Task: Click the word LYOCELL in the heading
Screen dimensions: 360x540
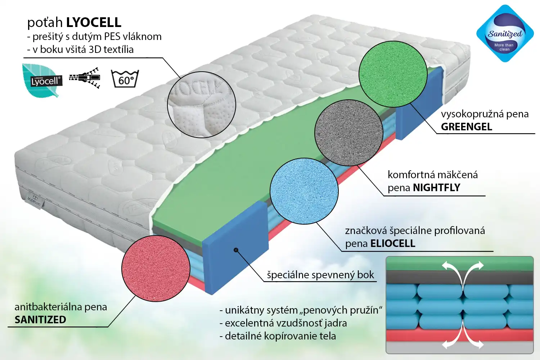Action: (x=94, y=22)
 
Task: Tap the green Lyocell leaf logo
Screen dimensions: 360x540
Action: (x=42, y=80)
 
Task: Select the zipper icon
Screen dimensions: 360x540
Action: (x=85, y=77)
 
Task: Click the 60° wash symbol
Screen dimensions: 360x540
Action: (x=125, y=78)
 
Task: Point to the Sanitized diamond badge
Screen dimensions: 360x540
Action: (x=505, y=33)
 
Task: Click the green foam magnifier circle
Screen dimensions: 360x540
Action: (x=393, y=74)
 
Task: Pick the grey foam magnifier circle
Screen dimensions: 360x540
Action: (x=348, y=133)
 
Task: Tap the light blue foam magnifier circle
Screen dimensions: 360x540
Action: (x=304, y=191)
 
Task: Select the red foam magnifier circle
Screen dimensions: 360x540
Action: (x=156, y=269)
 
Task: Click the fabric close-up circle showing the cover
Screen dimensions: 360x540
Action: (x=201, y=104)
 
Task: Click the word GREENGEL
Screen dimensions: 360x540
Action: (x=466, y=127)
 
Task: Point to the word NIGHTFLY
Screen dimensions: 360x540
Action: (x=436, y=188)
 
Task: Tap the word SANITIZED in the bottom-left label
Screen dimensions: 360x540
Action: (x=40, y=320)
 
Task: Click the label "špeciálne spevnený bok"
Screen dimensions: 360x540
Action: (x=320, y=275)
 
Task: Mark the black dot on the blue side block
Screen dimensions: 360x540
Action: (x=236, y=250)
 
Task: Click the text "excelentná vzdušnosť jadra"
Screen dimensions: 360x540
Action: (x=283, y=323)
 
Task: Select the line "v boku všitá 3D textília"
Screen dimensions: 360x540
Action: (x=80, y=49)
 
